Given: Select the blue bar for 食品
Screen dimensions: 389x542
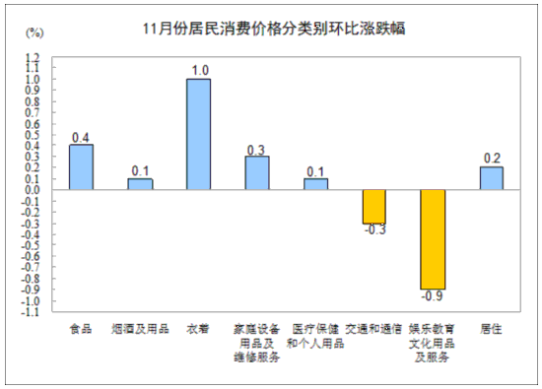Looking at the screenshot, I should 81,167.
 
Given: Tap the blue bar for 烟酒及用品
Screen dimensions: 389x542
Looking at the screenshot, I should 140,184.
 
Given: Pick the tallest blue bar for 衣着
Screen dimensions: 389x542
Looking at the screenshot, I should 198,134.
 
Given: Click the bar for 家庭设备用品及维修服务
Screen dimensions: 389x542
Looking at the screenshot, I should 256,173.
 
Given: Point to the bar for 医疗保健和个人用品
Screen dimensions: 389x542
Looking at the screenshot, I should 315,184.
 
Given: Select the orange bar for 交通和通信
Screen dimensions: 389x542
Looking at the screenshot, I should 373,207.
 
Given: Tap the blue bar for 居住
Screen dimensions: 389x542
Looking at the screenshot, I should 491,178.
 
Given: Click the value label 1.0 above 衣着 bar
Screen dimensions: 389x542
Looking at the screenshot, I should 199,70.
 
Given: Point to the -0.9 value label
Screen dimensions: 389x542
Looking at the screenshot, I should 433,296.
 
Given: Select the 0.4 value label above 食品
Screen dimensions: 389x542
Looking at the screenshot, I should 81,137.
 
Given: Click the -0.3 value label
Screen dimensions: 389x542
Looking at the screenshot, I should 373,230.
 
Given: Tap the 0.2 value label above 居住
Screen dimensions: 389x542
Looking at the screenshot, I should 491,159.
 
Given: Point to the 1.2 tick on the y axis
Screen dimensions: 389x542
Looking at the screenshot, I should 33,57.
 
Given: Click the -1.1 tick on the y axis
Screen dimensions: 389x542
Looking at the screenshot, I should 31,312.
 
